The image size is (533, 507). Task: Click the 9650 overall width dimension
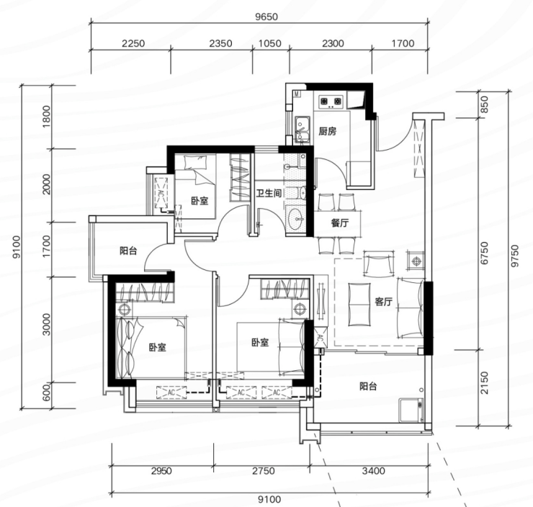[266, 17]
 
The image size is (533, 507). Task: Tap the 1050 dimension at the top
[270, 43]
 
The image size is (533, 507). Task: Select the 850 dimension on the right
[484, 104]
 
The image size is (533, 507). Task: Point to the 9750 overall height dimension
[515, 256]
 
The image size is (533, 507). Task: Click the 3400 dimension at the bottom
[373, 471]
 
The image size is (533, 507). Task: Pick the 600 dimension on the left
[46, 392]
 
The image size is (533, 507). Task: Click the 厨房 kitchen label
[327, 131]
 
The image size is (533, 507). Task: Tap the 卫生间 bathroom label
[269, 193]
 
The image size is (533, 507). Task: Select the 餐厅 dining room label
[339, 223]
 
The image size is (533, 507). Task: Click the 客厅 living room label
[383, 302]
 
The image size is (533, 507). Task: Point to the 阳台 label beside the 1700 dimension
[128, 251]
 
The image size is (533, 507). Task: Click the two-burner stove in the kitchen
[331, 102]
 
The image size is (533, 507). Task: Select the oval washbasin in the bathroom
[296, 218]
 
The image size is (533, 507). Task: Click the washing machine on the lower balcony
[411, 410]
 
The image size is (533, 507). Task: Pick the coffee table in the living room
[359, 304]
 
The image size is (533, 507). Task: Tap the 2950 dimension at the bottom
[161, 471]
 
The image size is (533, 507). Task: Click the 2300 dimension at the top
[333, 43]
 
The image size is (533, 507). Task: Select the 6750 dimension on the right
[484, 253]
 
